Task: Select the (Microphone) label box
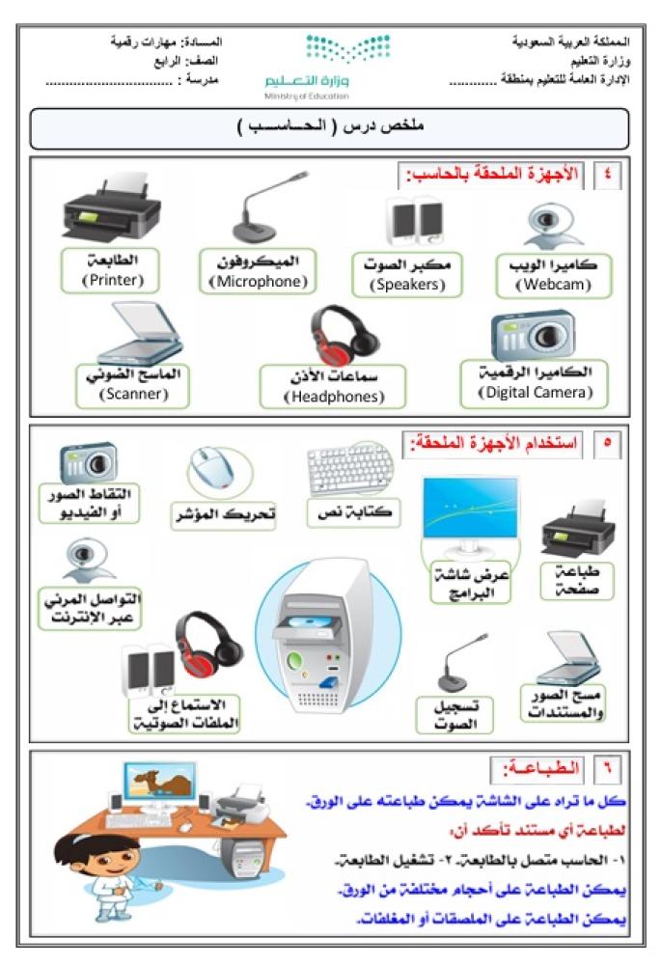(x=258, y=272)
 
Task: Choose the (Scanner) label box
(x=132, y=384)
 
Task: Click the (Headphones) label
(x=333, y=387)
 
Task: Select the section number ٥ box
(x=608, y=445)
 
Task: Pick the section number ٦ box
(x=608, y=769)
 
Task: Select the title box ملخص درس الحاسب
(x=330, y=127)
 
